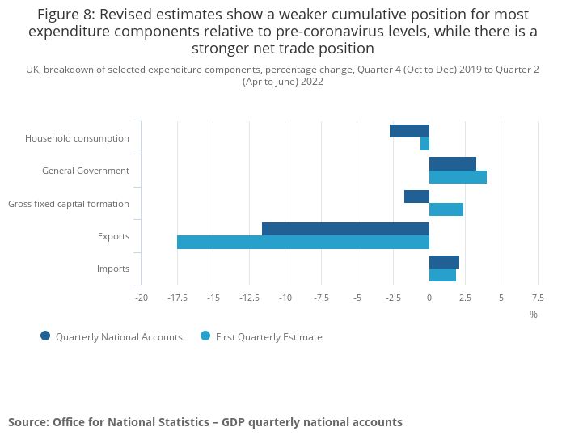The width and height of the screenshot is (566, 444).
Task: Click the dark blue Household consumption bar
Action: coord(409,131)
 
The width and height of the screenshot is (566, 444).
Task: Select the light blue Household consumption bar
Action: coord(424,144)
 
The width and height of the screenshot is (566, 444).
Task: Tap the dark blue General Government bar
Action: coord(453,163)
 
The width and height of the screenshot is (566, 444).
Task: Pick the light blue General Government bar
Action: coord(458,177)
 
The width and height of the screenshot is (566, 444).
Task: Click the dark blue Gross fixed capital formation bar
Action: coord(416,197)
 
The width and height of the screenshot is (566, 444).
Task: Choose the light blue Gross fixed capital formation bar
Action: coord(446,209)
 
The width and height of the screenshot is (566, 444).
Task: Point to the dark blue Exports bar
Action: coord(345,229)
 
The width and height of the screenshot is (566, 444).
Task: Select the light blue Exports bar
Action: coord(303,242)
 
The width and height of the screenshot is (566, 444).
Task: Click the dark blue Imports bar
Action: coord(444,262)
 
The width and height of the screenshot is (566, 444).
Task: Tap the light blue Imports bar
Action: coord(442,275)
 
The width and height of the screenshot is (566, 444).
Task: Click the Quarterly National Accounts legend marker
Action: coord(45,336)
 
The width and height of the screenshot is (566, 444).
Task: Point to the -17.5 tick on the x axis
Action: coord(178,298)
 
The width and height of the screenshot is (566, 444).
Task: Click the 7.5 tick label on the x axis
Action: coord(537,298)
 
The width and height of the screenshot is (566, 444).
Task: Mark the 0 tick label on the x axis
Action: coord(429,298)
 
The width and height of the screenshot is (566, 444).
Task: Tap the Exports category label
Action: coord(113,236)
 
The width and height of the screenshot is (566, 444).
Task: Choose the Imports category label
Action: coord(113,269)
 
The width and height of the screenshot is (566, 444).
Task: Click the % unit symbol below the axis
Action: coord(534,314)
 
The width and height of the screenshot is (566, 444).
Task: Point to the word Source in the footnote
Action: coord(27,422)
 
